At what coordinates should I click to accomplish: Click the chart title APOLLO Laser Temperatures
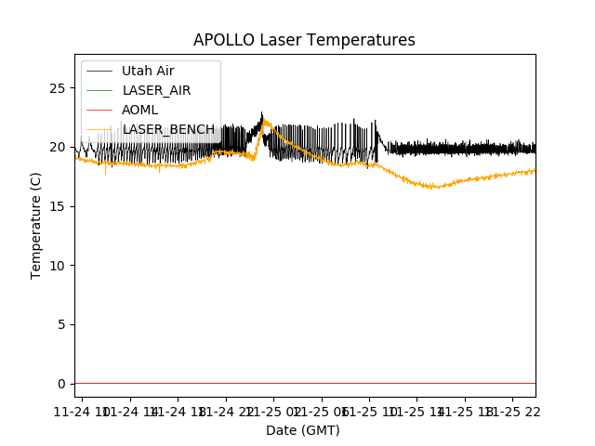tap(304, 40)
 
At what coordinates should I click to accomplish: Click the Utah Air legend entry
tap(148, 72)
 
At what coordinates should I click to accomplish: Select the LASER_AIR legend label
tap(156, 90)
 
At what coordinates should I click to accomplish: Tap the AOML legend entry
tap(139, 110)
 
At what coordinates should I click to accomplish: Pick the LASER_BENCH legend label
tap(168, 129)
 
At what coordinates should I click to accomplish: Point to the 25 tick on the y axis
tap(60, 87)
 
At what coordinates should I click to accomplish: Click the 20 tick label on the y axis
tap(60, 147)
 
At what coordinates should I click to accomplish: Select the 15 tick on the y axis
tap(60, 206)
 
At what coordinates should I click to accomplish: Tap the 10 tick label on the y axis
tap(60, 265)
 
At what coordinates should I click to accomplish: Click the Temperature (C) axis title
tap(36, 225)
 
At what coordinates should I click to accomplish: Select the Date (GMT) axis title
tap(303, 430)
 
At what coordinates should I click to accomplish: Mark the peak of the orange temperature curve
tap(265, 121)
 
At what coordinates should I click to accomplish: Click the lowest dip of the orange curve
tap(433, 188)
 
